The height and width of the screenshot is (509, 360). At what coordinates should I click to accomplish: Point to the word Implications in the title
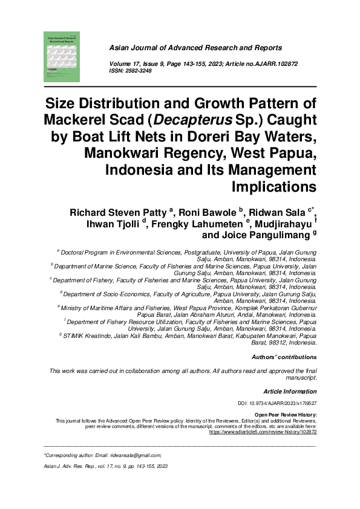coord(273,186)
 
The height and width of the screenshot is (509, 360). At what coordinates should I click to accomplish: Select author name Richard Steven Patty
coord(119,212)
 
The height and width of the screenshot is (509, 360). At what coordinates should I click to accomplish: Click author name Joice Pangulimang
coord(266,235)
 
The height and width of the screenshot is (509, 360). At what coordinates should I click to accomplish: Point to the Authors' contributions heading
coord(284,357)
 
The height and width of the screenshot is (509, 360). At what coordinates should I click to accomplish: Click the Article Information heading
coord(290,392)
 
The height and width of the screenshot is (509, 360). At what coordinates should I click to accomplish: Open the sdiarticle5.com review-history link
coord(263,433)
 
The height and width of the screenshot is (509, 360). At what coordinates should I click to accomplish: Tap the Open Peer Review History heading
coord(286,415)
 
